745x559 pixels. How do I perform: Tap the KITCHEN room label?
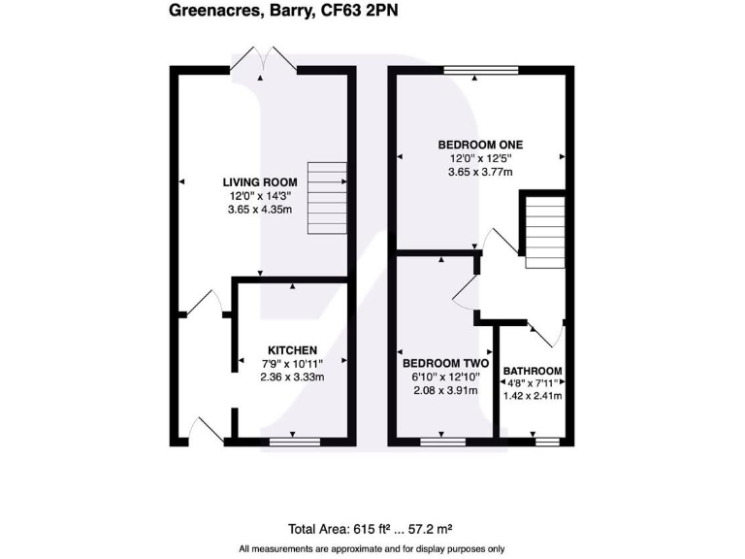click(x=293, y=349)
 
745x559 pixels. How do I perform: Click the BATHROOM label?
click(x=532, y=371)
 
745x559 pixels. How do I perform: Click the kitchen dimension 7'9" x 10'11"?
click(x=293, y=363)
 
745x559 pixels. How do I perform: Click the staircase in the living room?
click(x=327, y=198)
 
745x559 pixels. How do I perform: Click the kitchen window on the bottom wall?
click(x=293, y=441)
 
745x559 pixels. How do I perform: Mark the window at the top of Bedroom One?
click(x=481, y=69)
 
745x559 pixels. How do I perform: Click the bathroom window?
click(x=547, y=441)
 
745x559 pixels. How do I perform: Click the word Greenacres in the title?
click(x=211, y=12)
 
